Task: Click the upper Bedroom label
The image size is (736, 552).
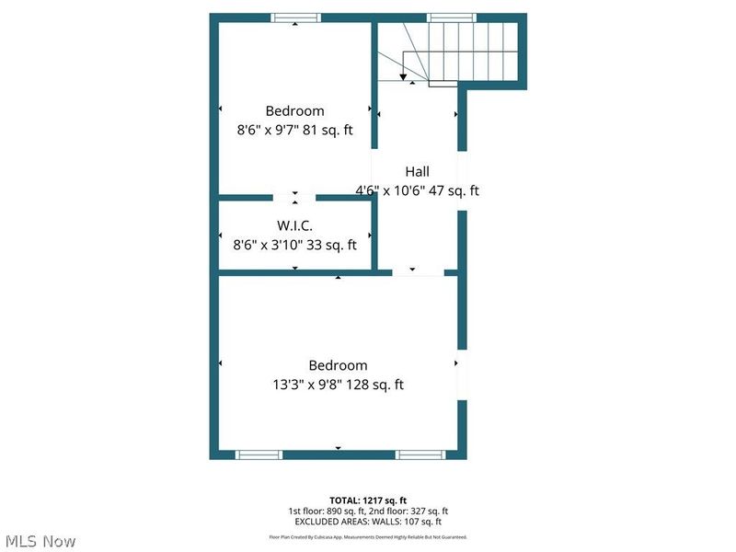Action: tap(294, 110)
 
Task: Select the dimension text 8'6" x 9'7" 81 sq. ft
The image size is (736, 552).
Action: tap(294, 131)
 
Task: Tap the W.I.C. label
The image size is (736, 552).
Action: tap(294, 224)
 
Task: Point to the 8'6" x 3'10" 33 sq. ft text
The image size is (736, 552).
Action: tap(294, 245)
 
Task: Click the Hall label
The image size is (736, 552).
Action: tap(418, 171)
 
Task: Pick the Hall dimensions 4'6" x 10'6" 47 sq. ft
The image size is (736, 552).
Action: tap(418, 191)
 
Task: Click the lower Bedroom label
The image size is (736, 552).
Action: tap(338, 365)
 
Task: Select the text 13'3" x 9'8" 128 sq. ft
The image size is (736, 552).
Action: tap(338, 385)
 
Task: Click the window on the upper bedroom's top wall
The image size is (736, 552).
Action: tap(295, 17)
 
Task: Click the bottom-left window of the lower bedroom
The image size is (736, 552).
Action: tap(259, 454)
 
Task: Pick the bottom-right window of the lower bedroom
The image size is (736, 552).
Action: tap(421, 454)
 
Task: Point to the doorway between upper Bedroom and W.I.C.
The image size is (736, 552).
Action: tap(295, 197)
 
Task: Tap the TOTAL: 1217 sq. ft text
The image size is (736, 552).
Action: tap(367, 500)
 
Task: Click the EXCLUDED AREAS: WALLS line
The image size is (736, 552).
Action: tap(367, 521)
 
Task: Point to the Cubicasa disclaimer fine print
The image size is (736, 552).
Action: tap(367, 536)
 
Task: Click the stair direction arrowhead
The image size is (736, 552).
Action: tap(403, 76)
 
